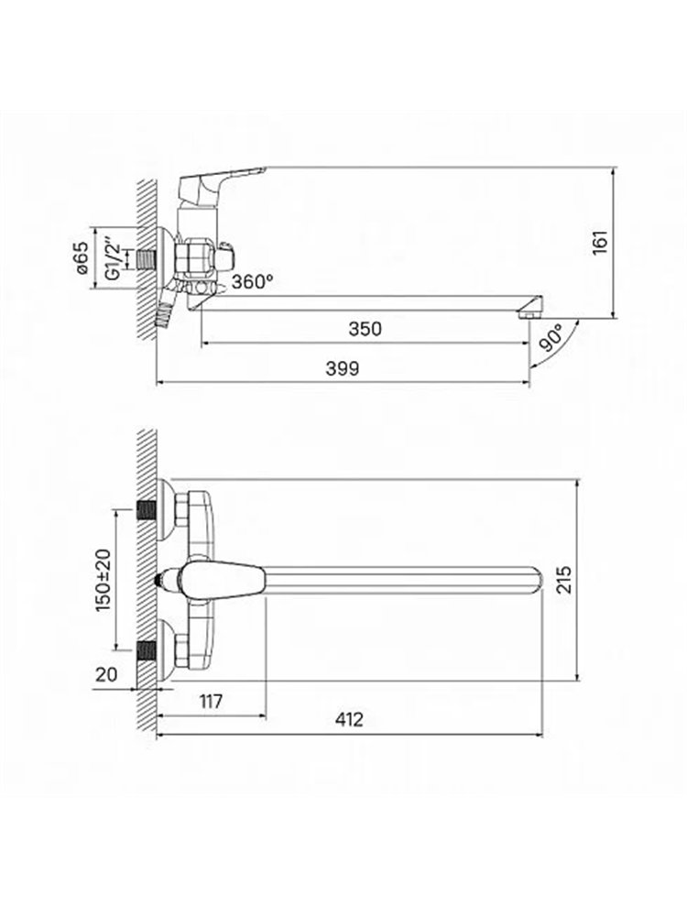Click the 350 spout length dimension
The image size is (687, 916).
click(365, 329)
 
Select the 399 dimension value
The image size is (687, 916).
click(343, 368)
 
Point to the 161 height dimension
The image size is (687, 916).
click(600, 243)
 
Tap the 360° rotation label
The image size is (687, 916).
click(253, 281)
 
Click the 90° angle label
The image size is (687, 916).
click(552, 339)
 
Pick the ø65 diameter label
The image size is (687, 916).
click(82, 257)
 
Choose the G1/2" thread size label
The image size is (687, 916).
click(113, 257)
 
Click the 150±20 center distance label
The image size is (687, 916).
click(104, 580)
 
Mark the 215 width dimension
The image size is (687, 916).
click(564, 580)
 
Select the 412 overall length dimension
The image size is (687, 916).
click(349, 719)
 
